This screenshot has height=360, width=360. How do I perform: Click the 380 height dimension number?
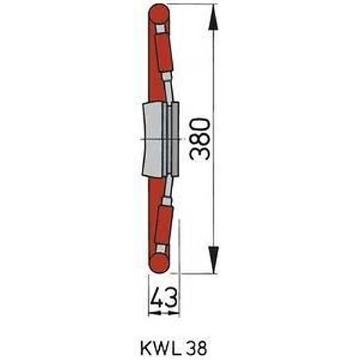[199, 139]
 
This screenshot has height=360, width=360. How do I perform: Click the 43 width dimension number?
[164, 298]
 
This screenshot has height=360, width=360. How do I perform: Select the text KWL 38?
[174, 348]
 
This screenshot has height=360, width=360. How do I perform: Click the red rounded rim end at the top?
[158, 14]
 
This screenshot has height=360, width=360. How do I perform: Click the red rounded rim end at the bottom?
[158, 264]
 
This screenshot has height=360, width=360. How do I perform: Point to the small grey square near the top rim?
[160, 29]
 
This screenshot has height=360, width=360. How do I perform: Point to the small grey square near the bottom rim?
[161, 248]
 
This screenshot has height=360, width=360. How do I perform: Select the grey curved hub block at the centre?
[152, 139]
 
